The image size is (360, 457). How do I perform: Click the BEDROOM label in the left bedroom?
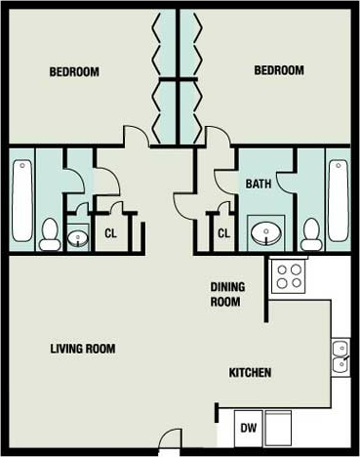click(74, 71)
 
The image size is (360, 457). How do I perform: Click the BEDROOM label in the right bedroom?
click(279, 70)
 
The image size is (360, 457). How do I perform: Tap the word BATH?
click(259, 183)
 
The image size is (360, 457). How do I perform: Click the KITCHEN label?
click(250, 373)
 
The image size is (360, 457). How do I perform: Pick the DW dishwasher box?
click(249, 428)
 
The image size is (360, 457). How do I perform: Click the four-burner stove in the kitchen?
click(289, 276)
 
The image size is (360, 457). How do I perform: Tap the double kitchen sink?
click(340, 357)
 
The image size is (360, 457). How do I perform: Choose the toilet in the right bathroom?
click(311, 233)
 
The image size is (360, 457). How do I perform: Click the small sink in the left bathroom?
click(79, 237)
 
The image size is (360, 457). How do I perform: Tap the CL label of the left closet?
click(110, 233)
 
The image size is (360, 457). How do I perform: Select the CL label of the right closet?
click(223, 233)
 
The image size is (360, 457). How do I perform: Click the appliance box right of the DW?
click(279, 427)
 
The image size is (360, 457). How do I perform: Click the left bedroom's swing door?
click(136, 136)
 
